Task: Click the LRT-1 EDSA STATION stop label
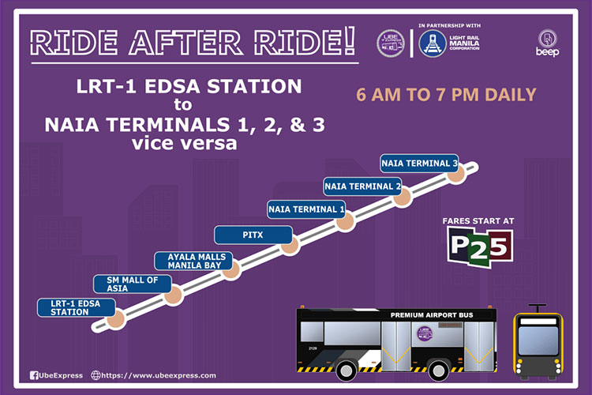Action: click(69, 307)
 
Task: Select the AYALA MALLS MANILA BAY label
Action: click(197, 261)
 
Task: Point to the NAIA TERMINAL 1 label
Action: click(307, 209)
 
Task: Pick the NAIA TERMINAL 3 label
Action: click(419, 163)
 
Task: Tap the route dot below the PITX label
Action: click(290, 245)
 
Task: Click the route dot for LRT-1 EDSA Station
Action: click(117, 319)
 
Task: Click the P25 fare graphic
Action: click(481, 248)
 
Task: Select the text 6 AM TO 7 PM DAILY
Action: click(446, 95)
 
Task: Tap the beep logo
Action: click(549, 43)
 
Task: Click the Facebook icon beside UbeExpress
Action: click(34, 375)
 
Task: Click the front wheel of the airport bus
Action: click(347, 369)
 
